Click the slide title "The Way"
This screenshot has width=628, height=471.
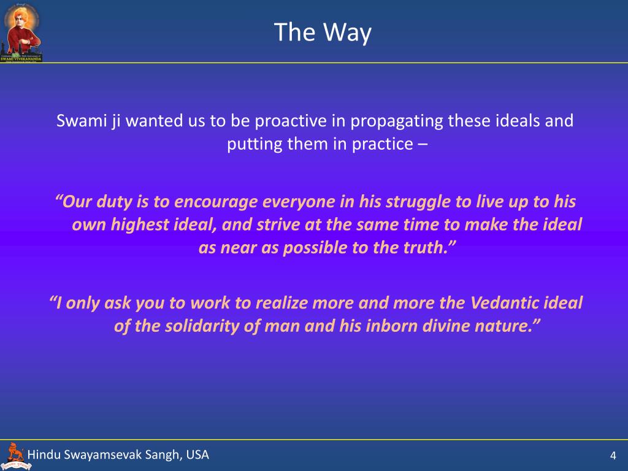pos(323,32)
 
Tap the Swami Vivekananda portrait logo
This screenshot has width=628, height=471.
pos(21,32)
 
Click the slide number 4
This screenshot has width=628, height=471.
pos(613,456)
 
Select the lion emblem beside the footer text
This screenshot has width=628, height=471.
pos(15,456)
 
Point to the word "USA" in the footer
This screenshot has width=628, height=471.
pos(197,454)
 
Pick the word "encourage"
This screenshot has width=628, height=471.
pos(216,202)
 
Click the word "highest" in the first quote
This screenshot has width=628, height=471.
pos(140,224)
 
